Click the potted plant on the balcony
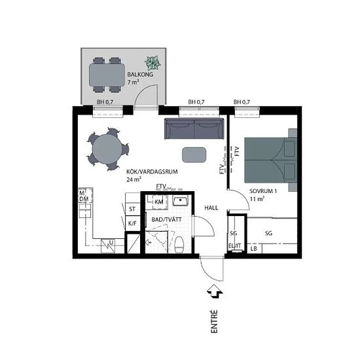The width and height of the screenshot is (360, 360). click(153, 63)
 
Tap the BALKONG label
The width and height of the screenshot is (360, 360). click(140, 75)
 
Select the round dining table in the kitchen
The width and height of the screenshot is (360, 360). click(107, 149)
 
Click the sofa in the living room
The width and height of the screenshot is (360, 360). click(194, 128)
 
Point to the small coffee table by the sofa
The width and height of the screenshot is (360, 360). click(194, 154)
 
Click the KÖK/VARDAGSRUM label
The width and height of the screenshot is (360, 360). click(152, 171)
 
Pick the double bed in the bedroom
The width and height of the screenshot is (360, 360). click(270, 160)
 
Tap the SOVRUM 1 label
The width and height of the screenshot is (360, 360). click(263, 191)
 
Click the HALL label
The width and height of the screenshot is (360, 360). click(211, 208)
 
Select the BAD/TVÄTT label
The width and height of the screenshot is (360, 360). click(166, 219)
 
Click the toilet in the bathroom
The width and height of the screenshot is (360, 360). click(179, 245)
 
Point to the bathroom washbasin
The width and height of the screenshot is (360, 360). click(181, 201)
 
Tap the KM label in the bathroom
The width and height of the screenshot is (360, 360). click(159, 202)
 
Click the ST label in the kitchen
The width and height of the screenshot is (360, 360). click(132, 209)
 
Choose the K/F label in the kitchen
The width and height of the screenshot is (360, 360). click(132, 223)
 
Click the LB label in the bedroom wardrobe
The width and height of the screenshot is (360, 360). click(253, 249)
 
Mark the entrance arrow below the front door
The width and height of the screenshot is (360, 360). click(215, 291)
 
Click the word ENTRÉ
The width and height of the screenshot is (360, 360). click(214, 321)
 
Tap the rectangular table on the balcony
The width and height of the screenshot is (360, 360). click(107, 75)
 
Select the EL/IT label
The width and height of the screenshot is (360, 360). click(234, 246)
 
